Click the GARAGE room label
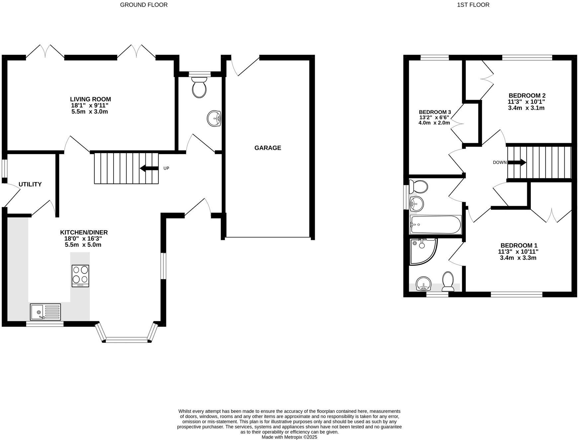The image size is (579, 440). point(268,148)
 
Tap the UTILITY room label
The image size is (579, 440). point(30,184)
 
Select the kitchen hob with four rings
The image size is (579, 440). point(80,276)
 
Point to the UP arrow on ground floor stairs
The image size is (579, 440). point(149,168)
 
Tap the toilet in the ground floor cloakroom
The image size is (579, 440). point(199,87)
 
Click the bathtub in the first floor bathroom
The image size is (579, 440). point(435,224)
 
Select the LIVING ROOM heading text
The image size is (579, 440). point(90,99)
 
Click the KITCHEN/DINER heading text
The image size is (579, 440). point(84,232)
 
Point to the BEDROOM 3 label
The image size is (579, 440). point(435,112)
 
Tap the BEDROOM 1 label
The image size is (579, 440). point(519,245)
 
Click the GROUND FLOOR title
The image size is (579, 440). point(144,5)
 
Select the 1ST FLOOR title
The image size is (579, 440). point(473,5)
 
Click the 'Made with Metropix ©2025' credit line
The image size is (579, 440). point(289,437)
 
